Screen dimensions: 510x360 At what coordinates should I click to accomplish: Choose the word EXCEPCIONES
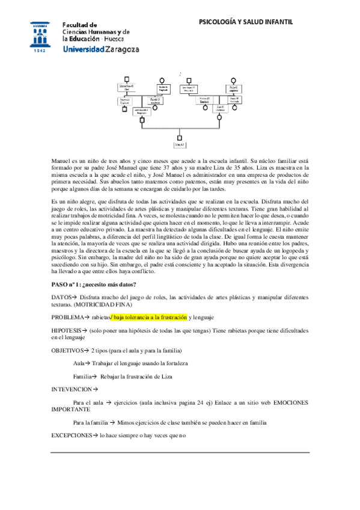[72, 434]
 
